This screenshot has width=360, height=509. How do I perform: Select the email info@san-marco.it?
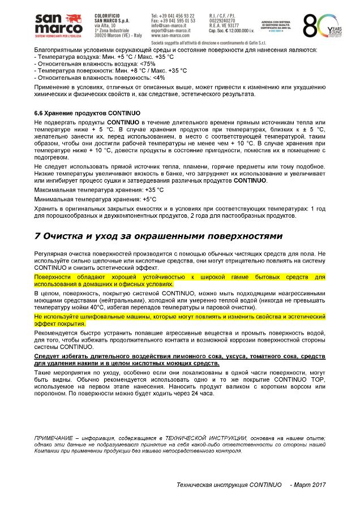coord(168,25)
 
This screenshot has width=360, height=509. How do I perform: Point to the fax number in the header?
coord(173,20)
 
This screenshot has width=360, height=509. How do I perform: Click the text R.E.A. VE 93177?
coord(223,25)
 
